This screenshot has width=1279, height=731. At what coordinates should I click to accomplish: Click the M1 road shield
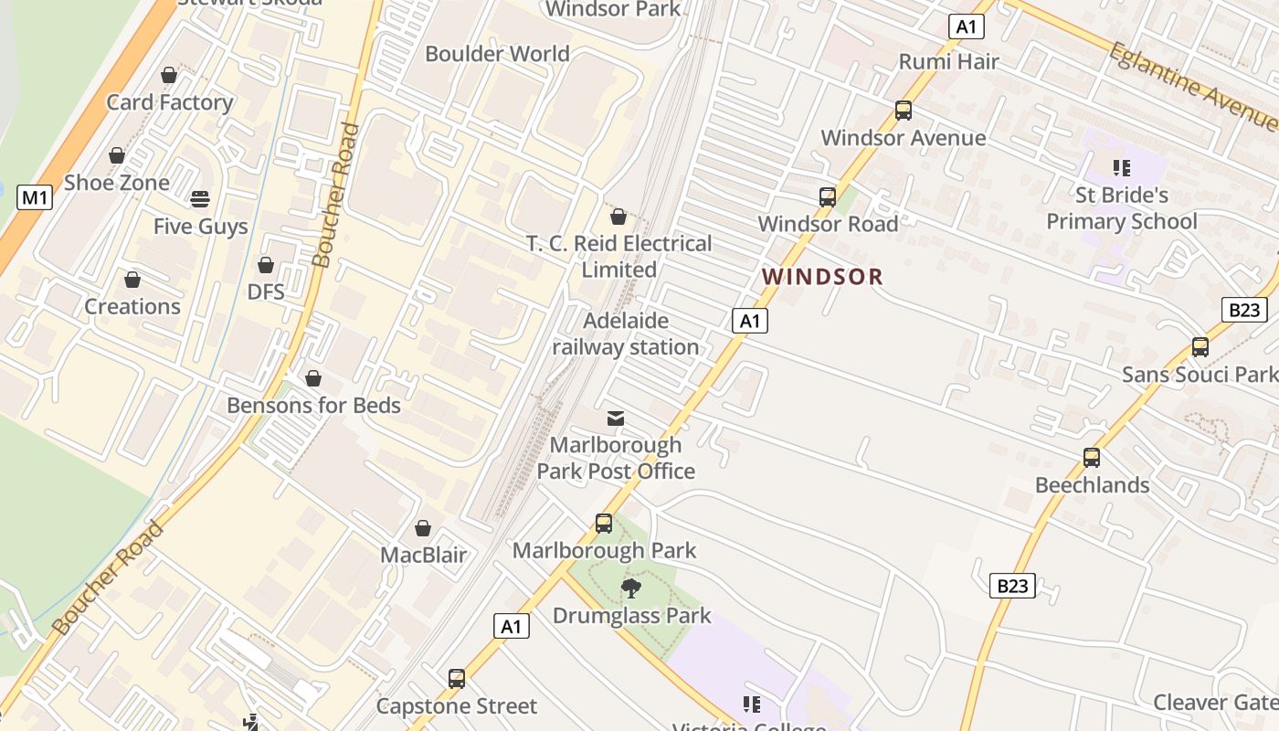tap(34, 196)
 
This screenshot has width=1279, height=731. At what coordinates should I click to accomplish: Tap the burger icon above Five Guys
tap(200, 199)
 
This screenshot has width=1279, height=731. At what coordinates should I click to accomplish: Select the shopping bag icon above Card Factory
tap(169, 75)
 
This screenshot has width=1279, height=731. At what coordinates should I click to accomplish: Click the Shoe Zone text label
tap(116, 183)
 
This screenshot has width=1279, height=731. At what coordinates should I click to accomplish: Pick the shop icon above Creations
tap(132, 280)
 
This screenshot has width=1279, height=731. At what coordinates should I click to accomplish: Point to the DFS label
tap(266, 292)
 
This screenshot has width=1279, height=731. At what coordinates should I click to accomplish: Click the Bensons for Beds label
tap(313, 405)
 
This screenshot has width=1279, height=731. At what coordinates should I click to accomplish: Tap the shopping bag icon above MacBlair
tap(423, 528)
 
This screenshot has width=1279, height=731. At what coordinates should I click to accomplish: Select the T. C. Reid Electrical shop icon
tap(618, 217)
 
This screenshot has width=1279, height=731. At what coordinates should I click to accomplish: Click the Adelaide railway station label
tap(626, 334)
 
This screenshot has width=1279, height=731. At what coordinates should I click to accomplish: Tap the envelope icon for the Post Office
tap(616, 418)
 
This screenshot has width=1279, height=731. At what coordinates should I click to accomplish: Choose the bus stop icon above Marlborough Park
tap(604, 524)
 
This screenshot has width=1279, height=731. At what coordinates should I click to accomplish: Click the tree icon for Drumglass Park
tap(630, 588)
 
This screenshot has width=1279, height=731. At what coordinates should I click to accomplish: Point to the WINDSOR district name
tap(823, 277)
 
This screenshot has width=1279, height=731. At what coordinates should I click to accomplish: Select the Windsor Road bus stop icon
tap(828, 197)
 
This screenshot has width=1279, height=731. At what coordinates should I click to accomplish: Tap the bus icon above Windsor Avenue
tap(904, 111)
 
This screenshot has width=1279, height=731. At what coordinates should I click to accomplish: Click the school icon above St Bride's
tap(1122, 168)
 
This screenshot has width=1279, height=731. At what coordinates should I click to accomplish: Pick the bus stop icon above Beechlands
tap(1092, 458)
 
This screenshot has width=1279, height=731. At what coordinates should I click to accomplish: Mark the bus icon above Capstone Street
tap(457, 679)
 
